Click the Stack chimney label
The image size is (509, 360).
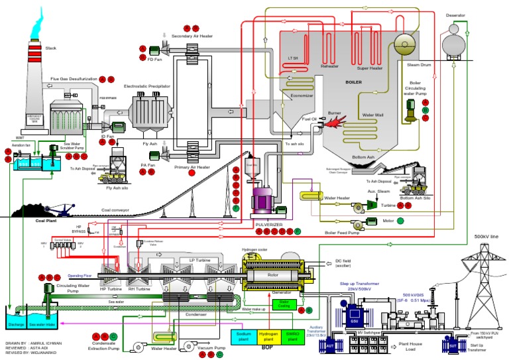[51, 48]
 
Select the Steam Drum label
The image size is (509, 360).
[409, 65]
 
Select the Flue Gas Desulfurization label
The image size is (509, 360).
[74, 79]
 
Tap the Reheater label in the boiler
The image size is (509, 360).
[330, 66]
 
